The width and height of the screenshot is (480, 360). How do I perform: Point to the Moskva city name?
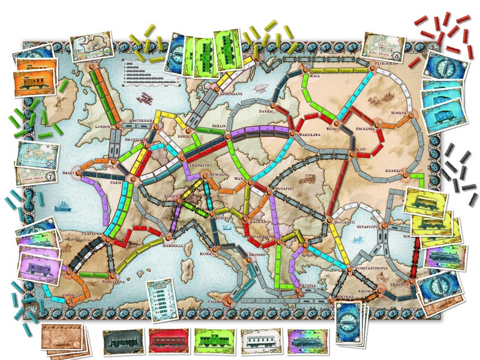397,113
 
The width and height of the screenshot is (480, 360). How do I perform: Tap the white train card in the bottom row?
260,341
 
